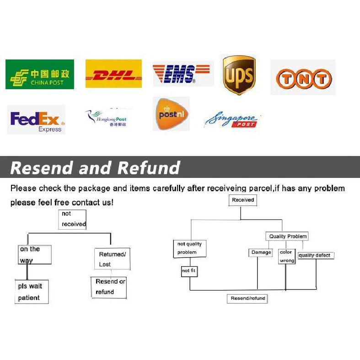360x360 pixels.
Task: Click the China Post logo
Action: point(40,74)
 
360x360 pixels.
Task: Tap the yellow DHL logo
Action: point(113,74)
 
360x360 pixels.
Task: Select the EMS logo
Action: point(182,74)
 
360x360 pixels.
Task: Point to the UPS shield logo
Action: point(239,75)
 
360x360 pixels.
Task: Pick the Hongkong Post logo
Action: point(106,118)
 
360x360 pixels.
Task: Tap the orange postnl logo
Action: point(171,113)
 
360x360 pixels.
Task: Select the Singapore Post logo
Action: point(232,120)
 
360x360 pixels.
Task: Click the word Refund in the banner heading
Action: point(149,167)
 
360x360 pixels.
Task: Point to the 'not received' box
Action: point(72,219)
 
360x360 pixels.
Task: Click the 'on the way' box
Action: point(34,255)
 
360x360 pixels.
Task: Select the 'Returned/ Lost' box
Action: point(112,259)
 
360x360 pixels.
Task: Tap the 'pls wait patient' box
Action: point(32,291)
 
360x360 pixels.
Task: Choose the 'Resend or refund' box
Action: point(109,288)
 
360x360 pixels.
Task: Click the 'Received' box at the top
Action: point(243,200)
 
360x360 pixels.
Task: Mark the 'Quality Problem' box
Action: point(287,236)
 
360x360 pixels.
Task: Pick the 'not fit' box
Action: point(189,271)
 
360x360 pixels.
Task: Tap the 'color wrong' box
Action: point(287,257)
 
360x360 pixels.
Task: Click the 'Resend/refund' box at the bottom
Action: point(247,298)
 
